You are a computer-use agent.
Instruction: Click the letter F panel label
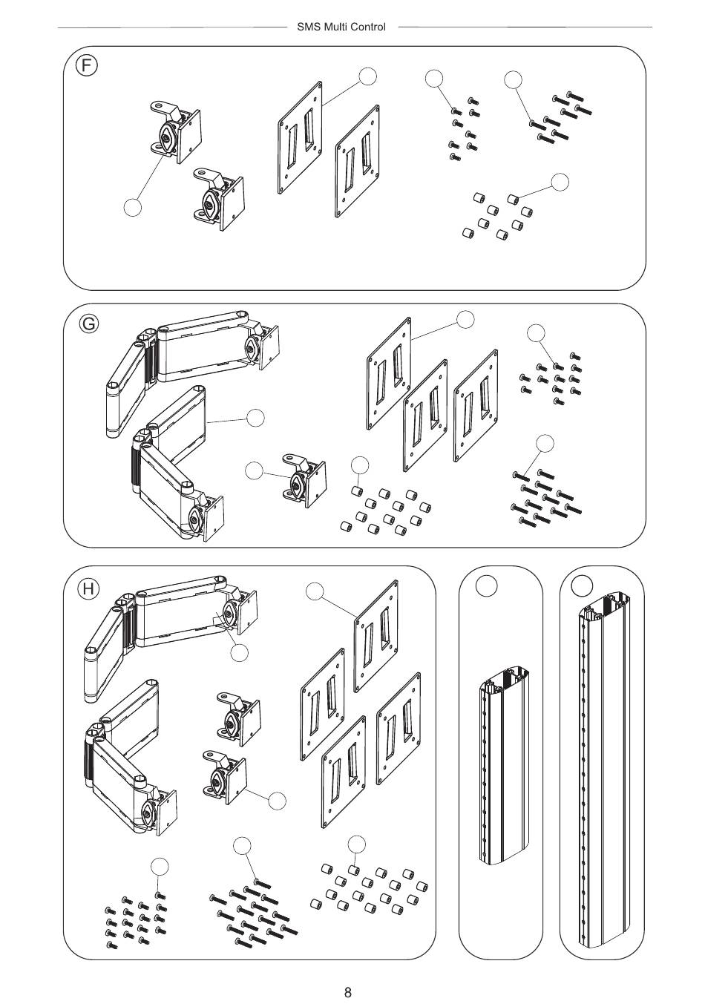pos(87,66)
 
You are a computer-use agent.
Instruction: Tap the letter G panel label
pos(88,324)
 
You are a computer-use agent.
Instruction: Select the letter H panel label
pos(88,589)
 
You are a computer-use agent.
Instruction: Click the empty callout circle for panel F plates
pos(367,76)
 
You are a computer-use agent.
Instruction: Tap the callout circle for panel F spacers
pos(560,182)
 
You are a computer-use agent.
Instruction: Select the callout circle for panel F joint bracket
pos(132,207)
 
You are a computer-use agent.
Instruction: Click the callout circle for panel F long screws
pos(513,79)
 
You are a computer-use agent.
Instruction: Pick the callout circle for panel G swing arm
pos(255,418)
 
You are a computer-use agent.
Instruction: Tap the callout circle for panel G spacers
pos(360,465)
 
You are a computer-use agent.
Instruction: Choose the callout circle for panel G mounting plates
pos(465,319)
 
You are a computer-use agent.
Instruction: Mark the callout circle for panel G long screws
pos(545,443)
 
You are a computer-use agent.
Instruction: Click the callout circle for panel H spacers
pos(357,844)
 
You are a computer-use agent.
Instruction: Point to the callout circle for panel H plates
pos(315,591)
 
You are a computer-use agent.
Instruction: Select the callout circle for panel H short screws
pos(160,866)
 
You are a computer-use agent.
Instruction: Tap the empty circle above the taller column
pos(583,585)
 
